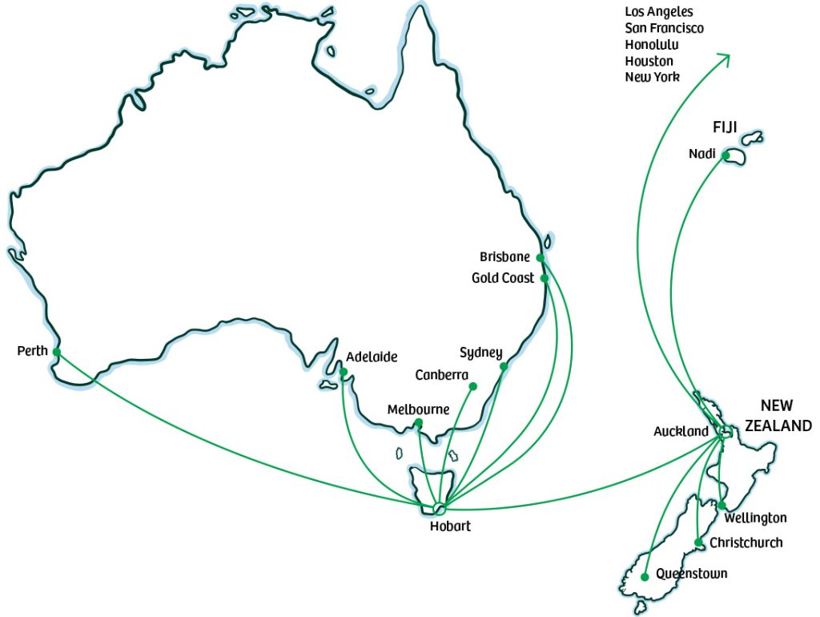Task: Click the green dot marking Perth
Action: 56,352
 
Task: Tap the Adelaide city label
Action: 372,357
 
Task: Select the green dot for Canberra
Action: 472,386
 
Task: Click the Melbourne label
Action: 418,409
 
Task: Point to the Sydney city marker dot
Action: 504,367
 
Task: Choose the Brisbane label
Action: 504,257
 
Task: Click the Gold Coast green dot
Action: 544,278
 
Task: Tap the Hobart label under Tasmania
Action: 450,526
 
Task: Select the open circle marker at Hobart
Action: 439,508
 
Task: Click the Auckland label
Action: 681,432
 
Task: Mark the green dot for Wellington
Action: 722,506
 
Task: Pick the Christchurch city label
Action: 746,542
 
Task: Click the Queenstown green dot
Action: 645,576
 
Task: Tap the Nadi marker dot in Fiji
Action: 726,155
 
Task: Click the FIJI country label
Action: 725,127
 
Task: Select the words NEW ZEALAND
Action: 778,416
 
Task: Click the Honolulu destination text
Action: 651,45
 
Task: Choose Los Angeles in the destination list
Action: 658,12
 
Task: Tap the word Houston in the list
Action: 649,61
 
